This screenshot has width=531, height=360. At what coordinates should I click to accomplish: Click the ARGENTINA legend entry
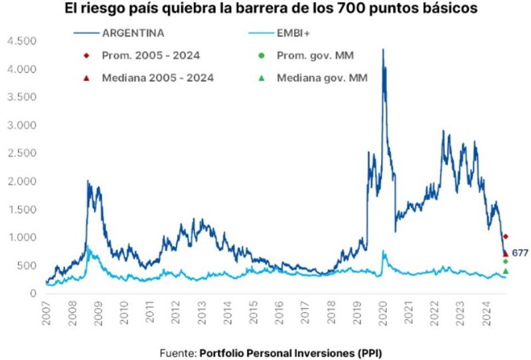coord(133,31)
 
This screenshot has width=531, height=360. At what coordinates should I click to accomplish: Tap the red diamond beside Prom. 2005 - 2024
coord(86,55)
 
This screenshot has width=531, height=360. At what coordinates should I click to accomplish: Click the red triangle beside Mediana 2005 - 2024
coord(86,78)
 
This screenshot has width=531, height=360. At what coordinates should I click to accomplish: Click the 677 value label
coord(520,253)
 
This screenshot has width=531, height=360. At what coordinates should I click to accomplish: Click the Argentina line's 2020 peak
coord(382,50)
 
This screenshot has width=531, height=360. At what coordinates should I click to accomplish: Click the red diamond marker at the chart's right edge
coord(506,236)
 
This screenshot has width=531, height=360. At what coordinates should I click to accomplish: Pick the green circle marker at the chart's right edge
coord(506,261)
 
